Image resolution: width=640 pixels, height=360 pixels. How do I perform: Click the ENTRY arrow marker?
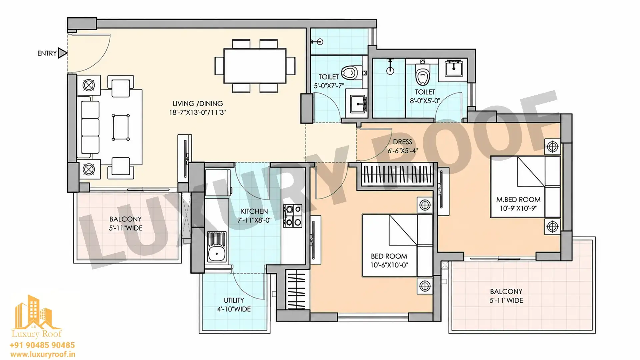click(62, 53)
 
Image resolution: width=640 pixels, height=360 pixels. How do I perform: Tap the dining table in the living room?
click(255, 66)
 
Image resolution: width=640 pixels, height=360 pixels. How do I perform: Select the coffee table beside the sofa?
click(121, 127)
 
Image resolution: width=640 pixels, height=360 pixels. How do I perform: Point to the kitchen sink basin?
click(217, 254)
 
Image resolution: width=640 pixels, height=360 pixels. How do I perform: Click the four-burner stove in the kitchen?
click(292, 216)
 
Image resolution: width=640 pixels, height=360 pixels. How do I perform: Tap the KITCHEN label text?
click(254, 211)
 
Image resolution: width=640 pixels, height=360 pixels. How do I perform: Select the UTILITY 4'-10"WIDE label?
click(234, 305)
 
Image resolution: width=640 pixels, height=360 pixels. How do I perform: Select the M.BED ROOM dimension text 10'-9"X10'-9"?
click(518, 208)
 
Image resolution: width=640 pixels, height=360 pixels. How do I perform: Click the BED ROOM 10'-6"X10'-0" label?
click(389, 261)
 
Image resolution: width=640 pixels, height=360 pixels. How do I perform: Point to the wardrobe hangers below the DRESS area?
click(397, 174)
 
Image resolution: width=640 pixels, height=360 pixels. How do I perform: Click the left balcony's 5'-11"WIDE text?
click(126, 228)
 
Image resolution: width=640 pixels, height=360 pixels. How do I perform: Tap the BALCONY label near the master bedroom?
click(506, 292)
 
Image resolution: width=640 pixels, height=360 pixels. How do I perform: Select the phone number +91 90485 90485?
click(42, 345)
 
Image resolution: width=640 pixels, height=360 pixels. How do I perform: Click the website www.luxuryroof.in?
click(43, 354)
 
